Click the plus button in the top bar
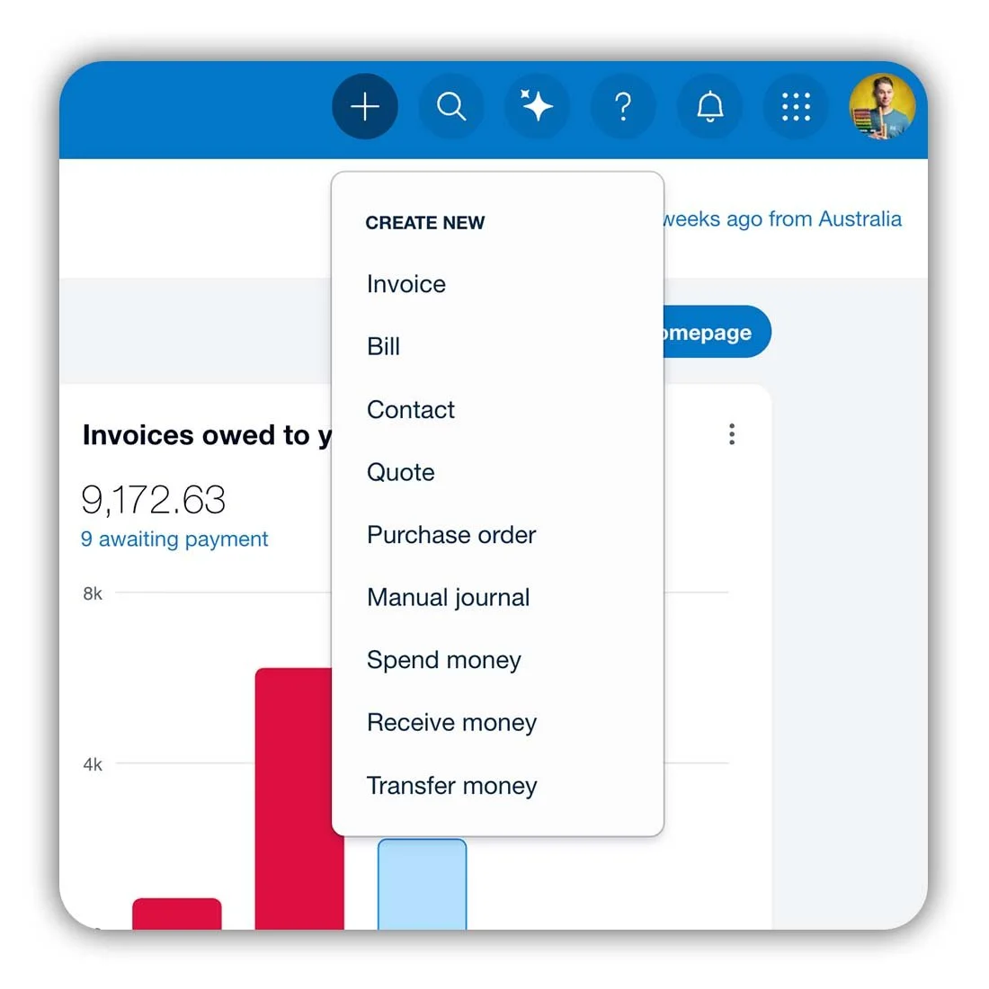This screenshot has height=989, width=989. coord(365,107)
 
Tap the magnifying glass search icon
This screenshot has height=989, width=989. coord(451,107)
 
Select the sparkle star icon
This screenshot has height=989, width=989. coord(537,107)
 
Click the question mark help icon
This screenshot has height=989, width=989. coord(623,107)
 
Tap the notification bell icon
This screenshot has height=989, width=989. coord(709,107)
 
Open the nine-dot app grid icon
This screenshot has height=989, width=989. coord(796,107)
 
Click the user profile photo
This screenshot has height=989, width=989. coord(881,107)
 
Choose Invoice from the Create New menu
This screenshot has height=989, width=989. coord(406,284)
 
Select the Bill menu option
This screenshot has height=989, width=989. coord(384,346)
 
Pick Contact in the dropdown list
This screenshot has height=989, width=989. coord(411,410)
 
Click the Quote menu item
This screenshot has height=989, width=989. coord(401,472)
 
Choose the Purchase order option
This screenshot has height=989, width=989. coord(451,535)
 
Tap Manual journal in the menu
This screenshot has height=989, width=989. coord(449,598)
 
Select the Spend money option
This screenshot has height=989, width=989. coord(444,660)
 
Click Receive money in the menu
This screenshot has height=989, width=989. coord(452,723)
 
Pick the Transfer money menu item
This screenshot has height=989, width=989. coord(452,786)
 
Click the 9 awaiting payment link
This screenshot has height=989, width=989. coord(174,539)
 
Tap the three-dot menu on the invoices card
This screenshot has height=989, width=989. coord(732,434)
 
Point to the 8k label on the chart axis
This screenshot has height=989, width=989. coord(93,593)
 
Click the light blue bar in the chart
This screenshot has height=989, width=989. coord(422,883)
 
